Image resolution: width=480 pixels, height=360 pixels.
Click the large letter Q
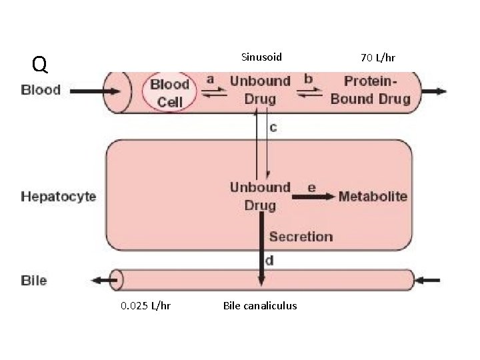[40, 65]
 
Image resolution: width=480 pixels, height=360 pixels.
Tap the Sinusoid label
[261, 57]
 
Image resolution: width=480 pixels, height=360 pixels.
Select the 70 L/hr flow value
[377, 58]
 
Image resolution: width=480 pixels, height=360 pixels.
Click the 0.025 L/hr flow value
[145, 305]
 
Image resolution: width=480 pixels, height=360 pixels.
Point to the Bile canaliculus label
[260, 305]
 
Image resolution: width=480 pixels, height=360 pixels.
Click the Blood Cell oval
[169, 93]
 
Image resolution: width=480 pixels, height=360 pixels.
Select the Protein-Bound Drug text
[370, 90]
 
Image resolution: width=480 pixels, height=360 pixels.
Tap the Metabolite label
[373, 196]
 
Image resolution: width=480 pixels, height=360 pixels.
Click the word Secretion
[301, 236]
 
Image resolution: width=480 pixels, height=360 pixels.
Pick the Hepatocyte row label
[59, 196]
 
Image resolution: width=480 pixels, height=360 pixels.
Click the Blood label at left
[41, 90]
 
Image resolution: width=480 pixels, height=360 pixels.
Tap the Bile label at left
[34, 280]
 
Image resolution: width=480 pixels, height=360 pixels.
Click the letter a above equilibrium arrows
[210, 79]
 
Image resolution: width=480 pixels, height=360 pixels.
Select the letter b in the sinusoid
[308, 79]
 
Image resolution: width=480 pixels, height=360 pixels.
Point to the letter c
[273, 127]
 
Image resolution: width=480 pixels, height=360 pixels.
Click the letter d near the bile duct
[269, 260]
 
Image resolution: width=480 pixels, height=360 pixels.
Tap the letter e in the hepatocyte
[311, 187]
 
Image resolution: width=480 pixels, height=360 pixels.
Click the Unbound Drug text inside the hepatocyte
[260, 196]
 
